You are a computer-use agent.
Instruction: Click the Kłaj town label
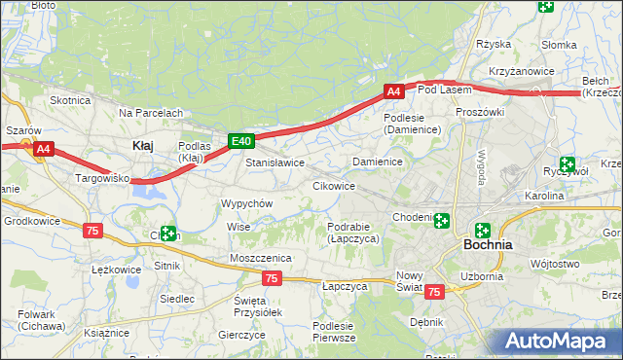(141, 145)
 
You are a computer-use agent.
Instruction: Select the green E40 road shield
(242, 141)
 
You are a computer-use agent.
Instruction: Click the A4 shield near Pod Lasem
(393, 91)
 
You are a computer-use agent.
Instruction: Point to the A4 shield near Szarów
(43, 150)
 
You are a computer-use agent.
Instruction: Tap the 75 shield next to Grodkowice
(92, 231)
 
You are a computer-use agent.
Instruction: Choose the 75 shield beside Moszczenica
(272, 278)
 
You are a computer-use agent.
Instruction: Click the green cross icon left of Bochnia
(442, 221)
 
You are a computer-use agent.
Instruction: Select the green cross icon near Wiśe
(168, 234)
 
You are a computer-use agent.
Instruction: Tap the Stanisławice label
(275, 162)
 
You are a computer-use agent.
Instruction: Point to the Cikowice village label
(333, 185)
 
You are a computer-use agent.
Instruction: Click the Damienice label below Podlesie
(378, 161)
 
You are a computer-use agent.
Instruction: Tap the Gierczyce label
(242, 334)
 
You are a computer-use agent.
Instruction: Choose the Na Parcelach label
(151, 113)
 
